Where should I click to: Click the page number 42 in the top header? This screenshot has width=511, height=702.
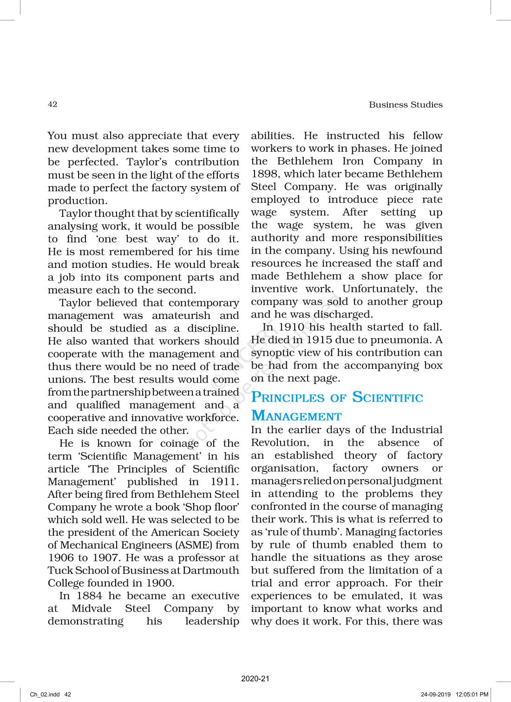(52, 104)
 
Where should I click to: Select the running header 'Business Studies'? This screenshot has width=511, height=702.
(406, 104)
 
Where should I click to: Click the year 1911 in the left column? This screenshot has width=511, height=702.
(225, 481)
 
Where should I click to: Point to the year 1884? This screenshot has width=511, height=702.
(89, 596)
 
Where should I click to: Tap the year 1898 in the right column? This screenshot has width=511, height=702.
(265, 174)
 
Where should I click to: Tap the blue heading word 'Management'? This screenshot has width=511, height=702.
(296, 416)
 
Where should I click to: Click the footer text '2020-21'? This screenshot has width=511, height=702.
(255, 678)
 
